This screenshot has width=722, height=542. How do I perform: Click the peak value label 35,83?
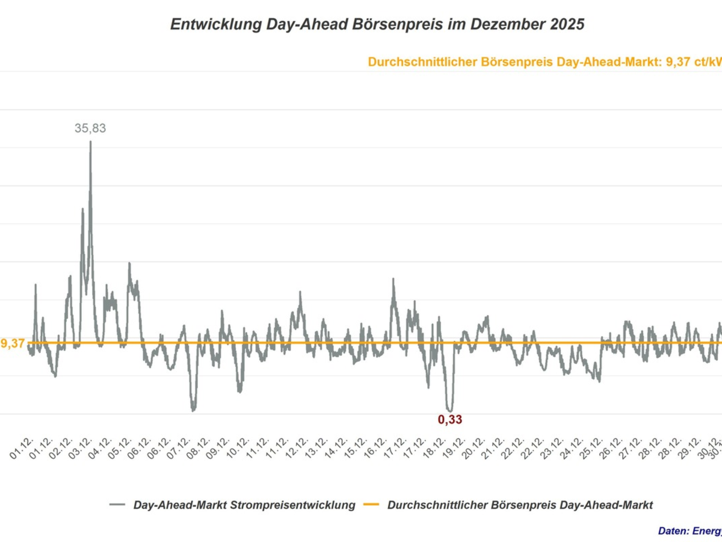[x=90, y=128]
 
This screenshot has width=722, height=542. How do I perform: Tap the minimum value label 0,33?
[x=450, y=420]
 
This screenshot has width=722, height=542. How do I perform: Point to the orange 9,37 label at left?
[x=13, y=343]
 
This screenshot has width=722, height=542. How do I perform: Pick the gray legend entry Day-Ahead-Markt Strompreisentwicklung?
[x=244, y=505]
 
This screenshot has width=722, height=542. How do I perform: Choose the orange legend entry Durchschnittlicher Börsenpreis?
[x=520, y=505]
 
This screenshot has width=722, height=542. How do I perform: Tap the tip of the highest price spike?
[x=90, y=142]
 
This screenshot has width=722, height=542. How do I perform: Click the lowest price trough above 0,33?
[x=449, y=410]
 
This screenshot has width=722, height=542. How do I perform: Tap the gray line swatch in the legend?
[x=117, y=505]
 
